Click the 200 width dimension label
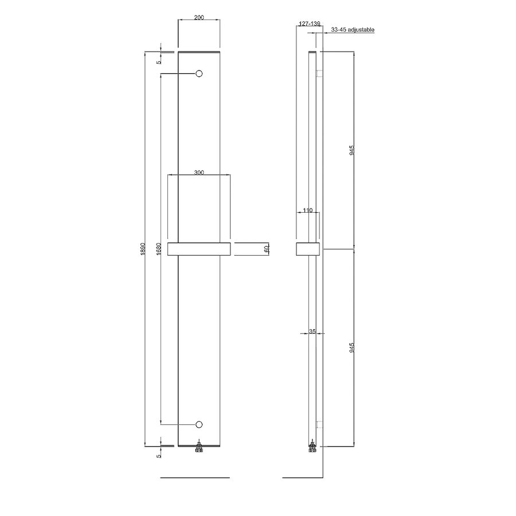199,18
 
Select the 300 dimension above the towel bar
199,172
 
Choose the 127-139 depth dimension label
310,25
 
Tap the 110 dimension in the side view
307,211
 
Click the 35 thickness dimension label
312,331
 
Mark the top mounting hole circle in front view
200,74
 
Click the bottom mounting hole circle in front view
200,424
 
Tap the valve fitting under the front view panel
200,448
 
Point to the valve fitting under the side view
312,448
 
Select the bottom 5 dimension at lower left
159,455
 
